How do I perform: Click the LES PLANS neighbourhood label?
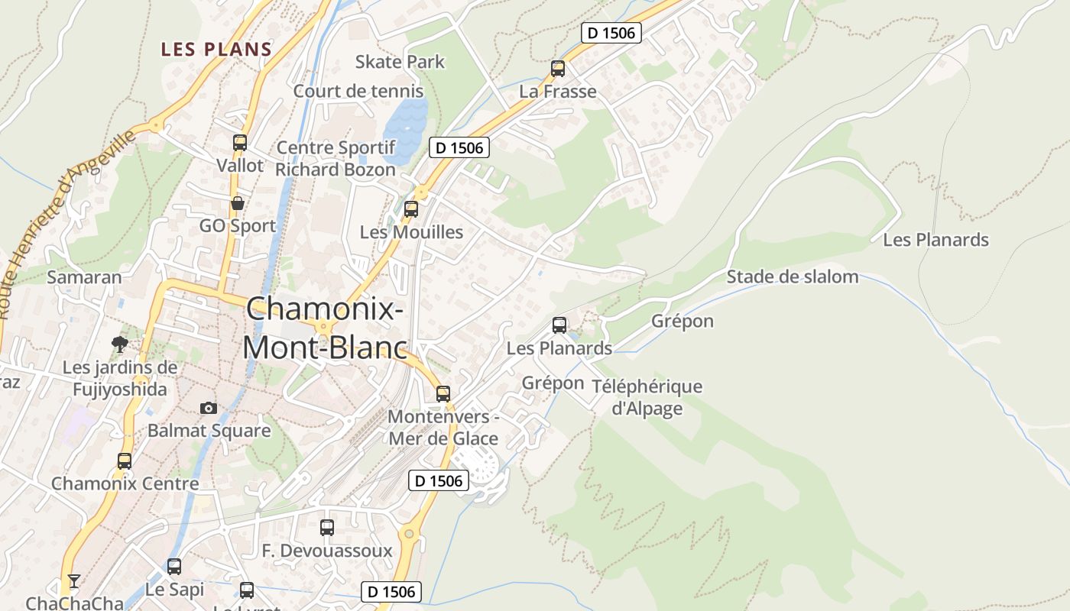(216, 50)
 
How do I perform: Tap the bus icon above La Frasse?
(558, 69)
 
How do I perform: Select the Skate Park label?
(400, 62)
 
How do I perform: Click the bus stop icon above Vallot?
(240, 143)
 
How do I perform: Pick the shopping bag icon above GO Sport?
(238, 203)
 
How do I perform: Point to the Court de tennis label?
(358, 91)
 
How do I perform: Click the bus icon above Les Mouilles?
(411, 209)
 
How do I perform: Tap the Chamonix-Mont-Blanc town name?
(325, 328)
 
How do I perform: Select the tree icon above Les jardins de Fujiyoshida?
(119, 344)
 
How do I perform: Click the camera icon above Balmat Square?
(209, 409)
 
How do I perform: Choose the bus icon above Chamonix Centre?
(125, 461)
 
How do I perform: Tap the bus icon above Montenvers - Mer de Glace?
(443, 394)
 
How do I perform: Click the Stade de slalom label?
(792, 276)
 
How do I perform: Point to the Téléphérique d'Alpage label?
(647, 397)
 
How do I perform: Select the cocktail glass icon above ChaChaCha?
(73, 582)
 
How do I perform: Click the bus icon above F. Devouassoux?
(327, 528)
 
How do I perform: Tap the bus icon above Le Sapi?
(174, 567)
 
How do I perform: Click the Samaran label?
(84, 277)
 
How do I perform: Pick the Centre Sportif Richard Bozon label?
(336, 158)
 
